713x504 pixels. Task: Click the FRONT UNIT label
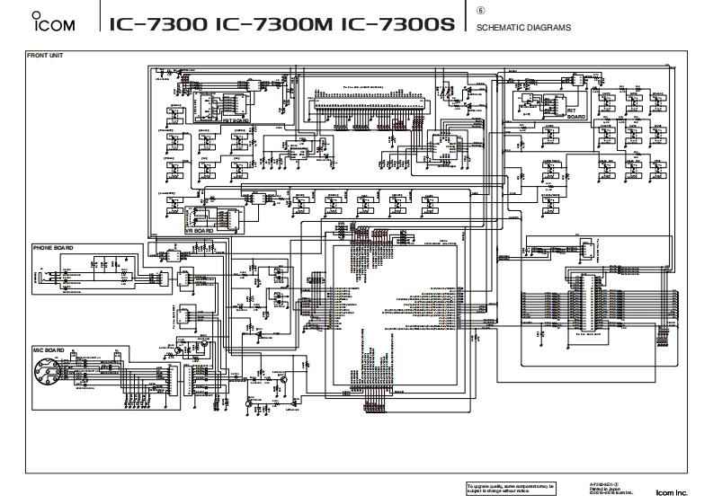pos(44,57)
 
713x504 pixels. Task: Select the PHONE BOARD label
pos(53,247)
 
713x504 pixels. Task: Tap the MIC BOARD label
pos(48,350)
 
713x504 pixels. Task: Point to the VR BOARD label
pos(199,230)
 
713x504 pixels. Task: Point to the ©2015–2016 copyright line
pos(611,492)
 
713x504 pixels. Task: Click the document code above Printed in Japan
pos(603,482)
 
